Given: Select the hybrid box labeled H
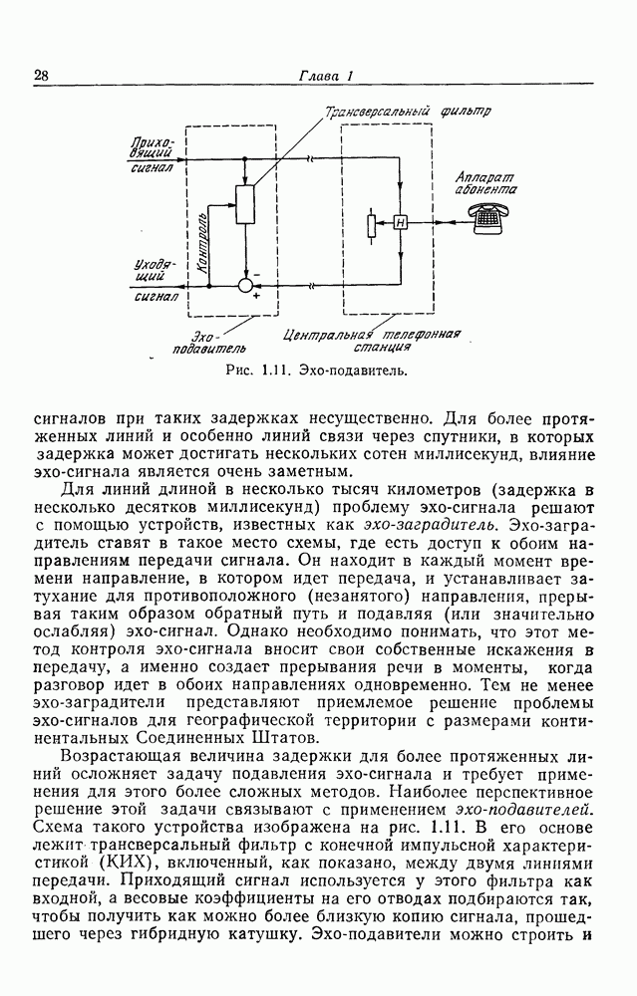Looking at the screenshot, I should coord(400,221).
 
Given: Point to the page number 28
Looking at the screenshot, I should coord(42,76).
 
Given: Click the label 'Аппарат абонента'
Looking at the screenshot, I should coord(484,178).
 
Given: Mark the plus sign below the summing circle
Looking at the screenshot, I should coord(256,296).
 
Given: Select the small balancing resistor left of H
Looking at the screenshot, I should coord(371,223).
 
